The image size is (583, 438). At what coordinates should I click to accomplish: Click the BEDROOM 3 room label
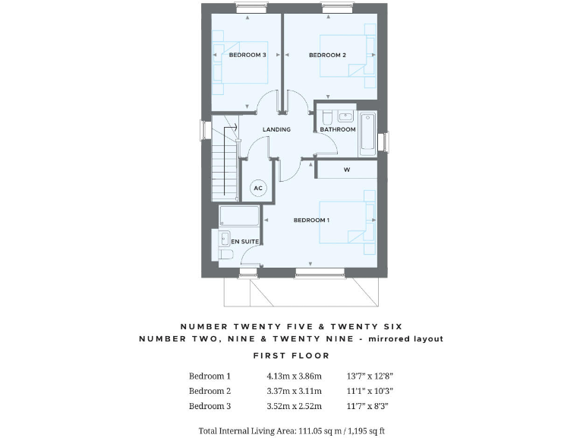coord(247,55)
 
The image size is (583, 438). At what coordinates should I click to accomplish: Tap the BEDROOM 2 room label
coord(327,55)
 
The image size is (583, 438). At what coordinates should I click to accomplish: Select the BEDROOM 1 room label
coord(311,221)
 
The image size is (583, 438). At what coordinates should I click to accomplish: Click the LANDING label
coord(276,129)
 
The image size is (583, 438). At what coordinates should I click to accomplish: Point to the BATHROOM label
coord(337,129)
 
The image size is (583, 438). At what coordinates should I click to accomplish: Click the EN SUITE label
coord(244,241)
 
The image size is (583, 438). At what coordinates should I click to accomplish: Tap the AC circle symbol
coord(257,188)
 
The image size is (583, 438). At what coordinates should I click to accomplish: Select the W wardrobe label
coord(346,170)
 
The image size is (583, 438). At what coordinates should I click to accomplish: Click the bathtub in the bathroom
coord(367,134)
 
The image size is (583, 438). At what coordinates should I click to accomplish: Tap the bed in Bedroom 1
coord(348,221)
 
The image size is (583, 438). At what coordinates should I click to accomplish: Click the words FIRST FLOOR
coord(291,355)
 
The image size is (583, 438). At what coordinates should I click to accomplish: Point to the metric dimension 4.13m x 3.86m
coord(295,376)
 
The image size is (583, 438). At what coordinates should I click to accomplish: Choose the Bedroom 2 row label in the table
coord(210,391)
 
